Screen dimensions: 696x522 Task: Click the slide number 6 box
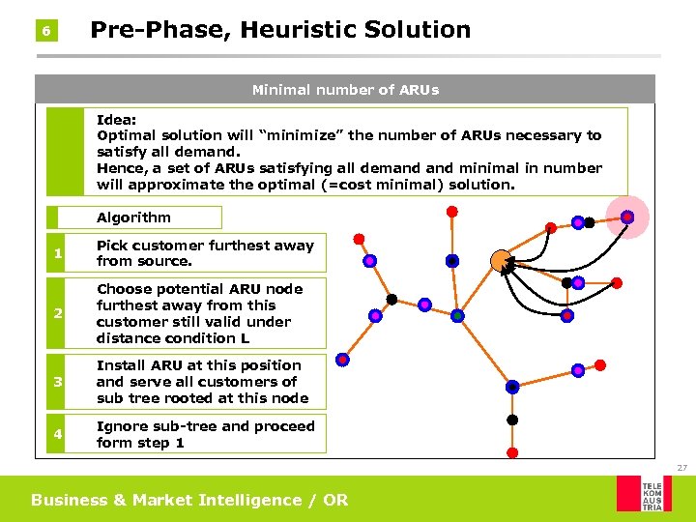coord(45,32)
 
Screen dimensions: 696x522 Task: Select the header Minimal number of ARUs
coord(345,90)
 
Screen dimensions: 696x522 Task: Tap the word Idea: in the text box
coord(116,120)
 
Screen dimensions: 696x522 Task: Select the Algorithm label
coord(133,217)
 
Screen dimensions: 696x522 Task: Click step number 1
coord(59,253)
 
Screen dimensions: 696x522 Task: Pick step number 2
coord(59,314)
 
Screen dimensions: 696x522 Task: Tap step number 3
coord(59,382)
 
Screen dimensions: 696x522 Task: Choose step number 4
coord(59,435)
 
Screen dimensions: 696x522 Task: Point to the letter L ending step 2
coord(245,338)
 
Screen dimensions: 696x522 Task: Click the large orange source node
coord(500,260)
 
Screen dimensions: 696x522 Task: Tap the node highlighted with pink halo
coord(627,217)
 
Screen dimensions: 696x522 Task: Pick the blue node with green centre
coord(457,315)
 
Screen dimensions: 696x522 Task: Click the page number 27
coord(681,468)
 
